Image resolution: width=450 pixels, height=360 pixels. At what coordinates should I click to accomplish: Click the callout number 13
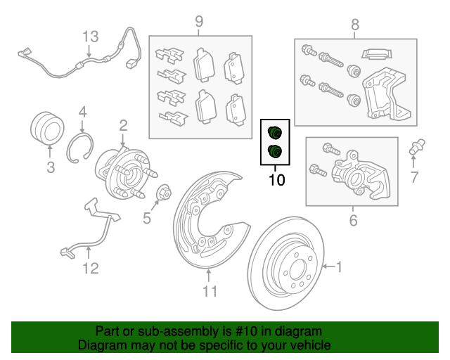(91, 37)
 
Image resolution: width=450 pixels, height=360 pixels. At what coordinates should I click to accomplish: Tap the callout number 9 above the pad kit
(199, 22)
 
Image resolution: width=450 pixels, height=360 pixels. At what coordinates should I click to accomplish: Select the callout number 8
(355, 25)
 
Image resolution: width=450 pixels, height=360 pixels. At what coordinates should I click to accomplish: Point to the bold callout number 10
(276, 180)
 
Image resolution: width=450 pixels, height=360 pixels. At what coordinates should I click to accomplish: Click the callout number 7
(414, 177)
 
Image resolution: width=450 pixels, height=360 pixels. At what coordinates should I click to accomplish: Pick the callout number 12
(91, 269)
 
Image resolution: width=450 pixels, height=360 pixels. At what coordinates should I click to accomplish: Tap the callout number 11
(210, 291)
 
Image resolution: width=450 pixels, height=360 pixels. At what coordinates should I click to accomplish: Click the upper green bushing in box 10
(275, 132)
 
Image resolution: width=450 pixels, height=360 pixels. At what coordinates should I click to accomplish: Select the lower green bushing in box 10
(275, 151)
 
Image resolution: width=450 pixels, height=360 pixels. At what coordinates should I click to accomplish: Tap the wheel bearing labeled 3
(47, 128)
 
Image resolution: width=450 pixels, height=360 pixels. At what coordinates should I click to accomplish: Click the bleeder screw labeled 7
(417, 147)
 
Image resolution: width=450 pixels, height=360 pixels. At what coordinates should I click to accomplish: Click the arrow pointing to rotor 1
(328, 266)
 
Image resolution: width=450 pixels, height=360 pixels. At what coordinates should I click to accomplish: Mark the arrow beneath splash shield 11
(209, 275)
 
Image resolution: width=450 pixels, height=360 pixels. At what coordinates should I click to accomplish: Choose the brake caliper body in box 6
(361, 175)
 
